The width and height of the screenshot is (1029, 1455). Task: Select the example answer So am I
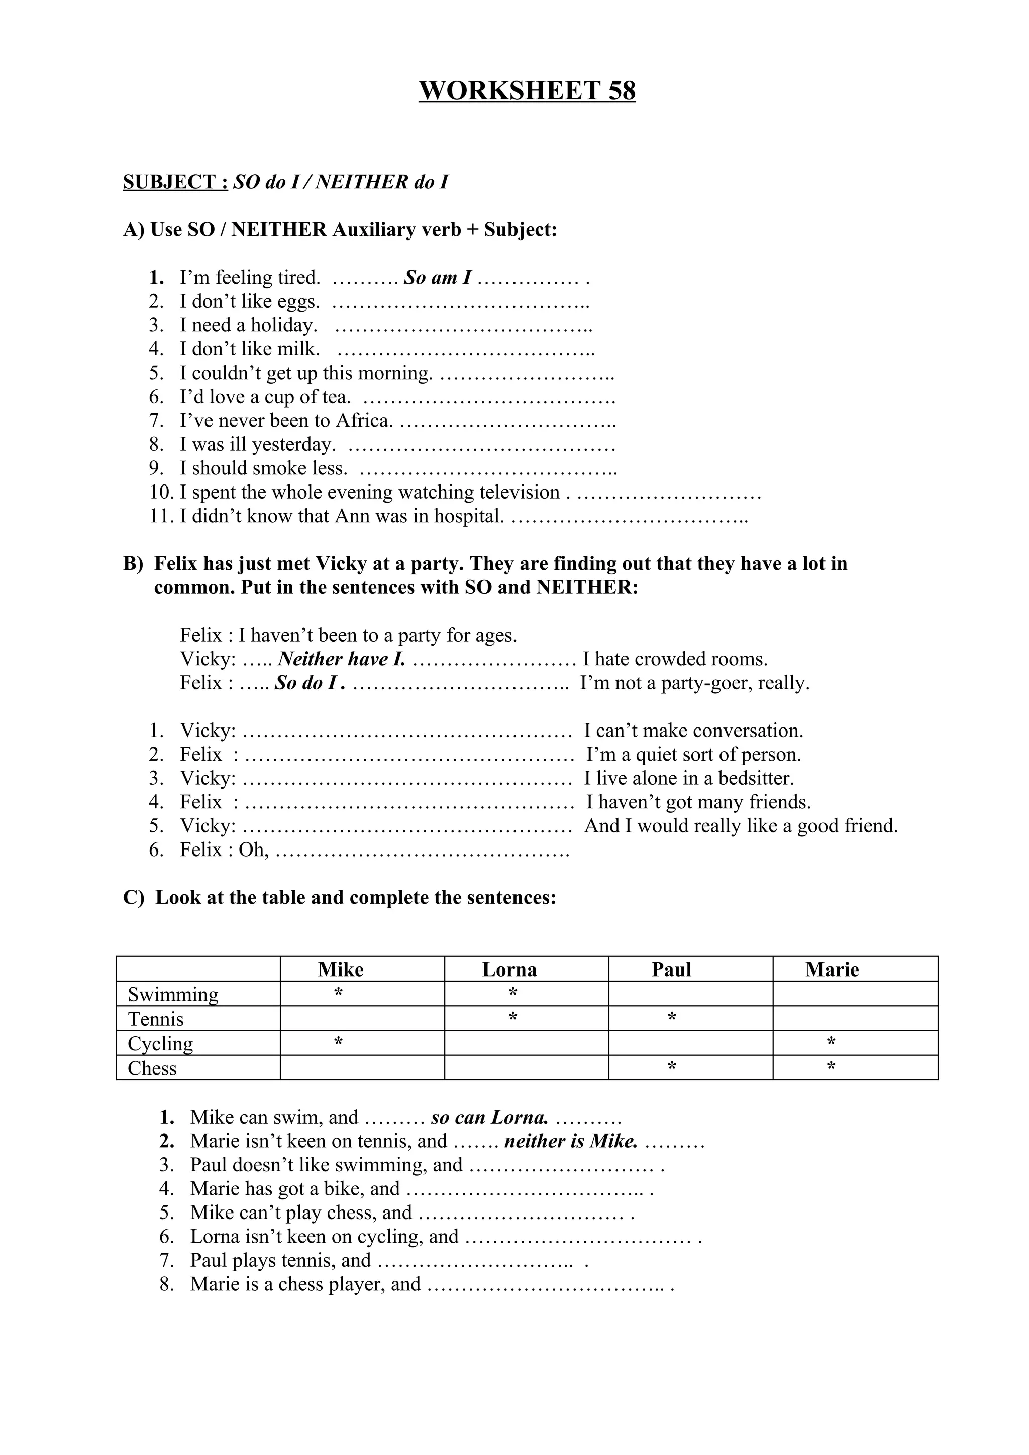coord(438,278)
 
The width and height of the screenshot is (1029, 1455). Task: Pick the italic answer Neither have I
coord(342,659)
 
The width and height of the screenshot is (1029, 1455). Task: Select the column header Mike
coord(341,969)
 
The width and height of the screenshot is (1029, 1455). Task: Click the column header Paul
coord(671,969)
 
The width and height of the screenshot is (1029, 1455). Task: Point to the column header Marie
coord(832,969)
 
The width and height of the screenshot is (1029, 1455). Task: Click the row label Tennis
coord(155,1019)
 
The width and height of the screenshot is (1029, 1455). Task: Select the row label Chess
coord(152,1068)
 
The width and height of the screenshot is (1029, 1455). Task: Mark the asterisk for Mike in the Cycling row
coord(339,1042)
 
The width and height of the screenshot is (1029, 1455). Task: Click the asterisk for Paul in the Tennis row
coord(671,1018)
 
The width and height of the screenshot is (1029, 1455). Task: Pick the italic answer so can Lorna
coord(489,1117)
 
